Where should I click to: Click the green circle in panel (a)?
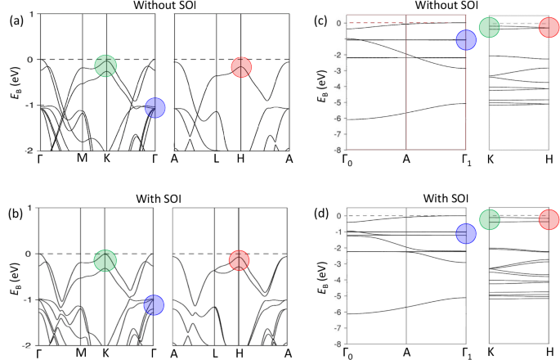[x=105, y=65]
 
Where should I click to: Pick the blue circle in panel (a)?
[x=155, y=107]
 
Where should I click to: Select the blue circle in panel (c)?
[x=466, y=40]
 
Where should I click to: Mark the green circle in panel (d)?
[x=489, y=219]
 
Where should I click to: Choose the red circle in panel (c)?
[x=549, y=27]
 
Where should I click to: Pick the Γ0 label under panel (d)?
[x=347, y=353]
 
